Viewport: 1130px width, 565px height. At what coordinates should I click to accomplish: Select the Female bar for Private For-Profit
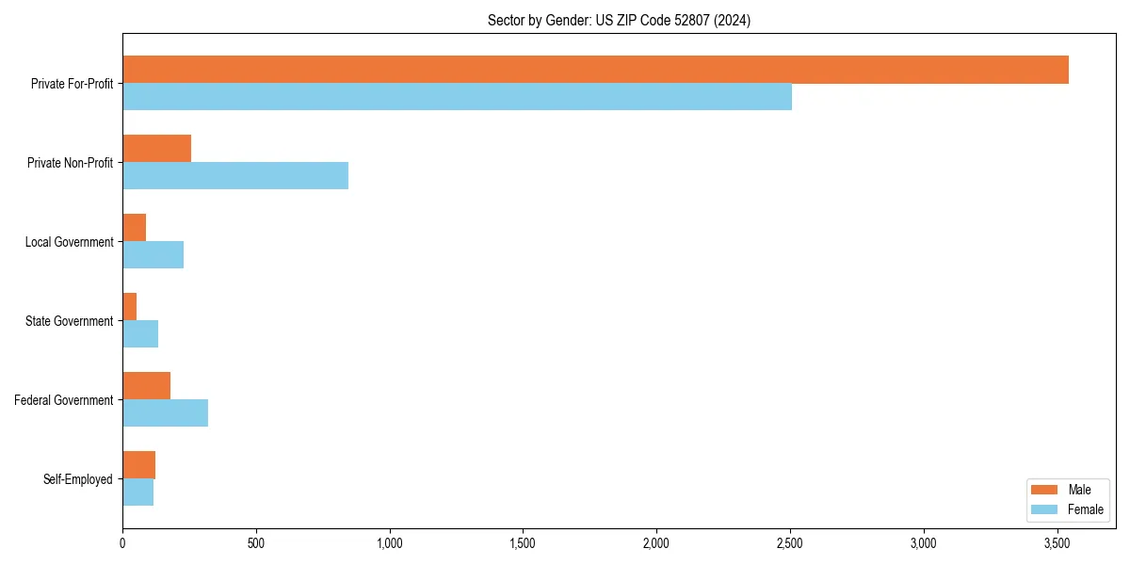tap(457, 97)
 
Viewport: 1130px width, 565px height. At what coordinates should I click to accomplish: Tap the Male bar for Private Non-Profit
tap(156, 149)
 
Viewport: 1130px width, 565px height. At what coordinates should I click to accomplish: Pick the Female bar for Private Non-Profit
tap(235, 176)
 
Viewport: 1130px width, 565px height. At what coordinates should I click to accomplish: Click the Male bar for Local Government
tap(134, 228)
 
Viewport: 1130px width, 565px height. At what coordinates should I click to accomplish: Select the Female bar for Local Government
tap(153, 255)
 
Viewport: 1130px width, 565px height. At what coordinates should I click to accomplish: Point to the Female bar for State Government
tap(140, 334)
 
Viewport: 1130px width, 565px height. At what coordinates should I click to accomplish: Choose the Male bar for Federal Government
tap(146, 386)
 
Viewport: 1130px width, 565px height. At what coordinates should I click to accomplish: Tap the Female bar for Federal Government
tap(165, 413)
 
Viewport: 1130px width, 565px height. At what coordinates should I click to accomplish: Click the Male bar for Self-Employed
tap(138, 465)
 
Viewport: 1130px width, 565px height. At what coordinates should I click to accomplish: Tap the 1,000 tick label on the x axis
tap(389, 543)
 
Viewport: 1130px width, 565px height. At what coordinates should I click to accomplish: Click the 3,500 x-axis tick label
tap(1057, 543)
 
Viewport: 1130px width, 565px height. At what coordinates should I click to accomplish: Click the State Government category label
tap(70, 321)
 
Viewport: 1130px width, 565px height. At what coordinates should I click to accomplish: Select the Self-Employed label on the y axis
tap(78, 479)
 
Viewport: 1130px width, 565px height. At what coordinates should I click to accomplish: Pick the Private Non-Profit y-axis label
tap(70, 163)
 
